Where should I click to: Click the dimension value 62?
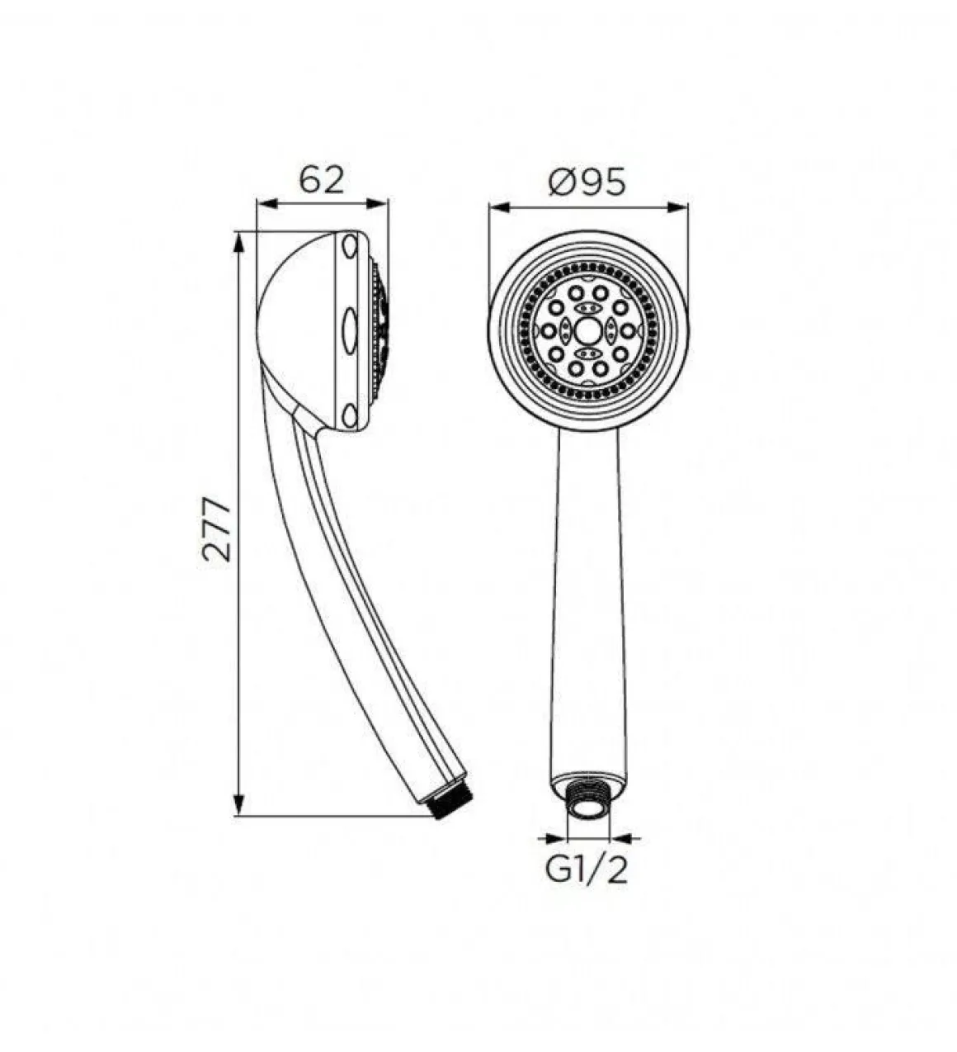point(321,179)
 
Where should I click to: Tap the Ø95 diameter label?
point(587,182)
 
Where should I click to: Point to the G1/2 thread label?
point(586,871)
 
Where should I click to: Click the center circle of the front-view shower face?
point(587,330)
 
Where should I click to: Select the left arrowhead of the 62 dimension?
point(267,203)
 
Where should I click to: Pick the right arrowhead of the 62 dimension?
point(377,203)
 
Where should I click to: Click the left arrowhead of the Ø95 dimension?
point(499,207)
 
